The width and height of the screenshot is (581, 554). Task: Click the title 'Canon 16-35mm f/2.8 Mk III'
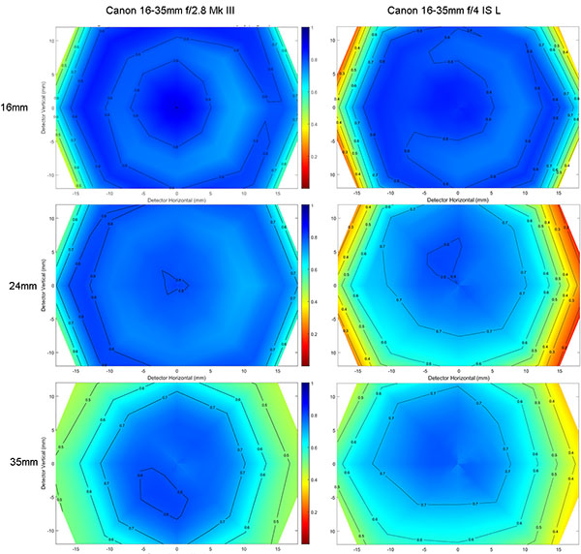(x=175, y=11)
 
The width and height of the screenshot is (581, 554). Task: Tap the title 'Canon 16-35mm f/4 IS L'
(x=459, y=11)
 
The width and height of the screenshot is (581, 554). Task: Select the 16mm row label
(x=15, y=107)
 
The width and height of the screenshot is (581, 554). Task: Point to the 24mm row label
(x=15, y=286)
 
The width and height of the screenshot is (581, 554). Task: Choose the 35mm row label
(x=15, y=463)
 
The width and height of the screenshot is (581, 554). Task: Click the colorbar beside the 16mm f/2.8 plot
(x=306, y=107)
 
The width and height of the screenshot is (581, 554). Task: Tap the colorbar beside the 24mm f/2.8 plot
(x=306, y=286)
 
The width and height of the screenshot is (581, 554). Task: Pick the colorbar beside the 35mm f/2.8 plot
(x=306, y=463)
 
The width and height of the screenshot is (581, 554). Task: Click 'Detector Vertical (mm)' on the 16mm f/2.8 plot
(x=42, y=107)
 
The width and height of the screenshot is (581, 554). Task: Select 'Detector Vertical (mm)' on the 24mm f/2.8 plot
(x=42, y=286)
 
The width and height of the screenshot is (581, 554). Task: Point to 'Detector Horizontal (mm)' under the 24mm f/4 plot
(x=459, y=378)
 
